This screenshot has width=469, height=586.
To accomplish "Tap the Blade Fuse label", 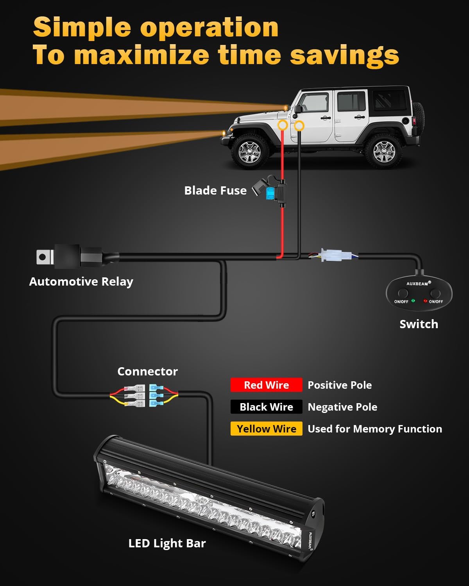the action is point(215,191).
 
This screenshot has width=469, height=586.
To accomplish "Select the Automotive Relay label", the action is point(81,282).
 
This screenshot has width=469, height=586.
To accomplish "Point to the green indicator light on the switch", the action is point(413,301).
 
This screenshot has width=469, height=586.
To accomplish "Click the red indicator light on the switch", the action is point(425,301).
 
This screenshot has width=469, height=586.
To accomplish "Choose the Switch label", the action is point(419,324).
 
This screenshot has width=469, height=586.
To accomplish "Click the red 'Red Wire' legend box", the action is point(266,385).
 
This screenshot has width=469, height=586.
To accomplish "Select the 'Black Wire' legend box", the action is point(266,407).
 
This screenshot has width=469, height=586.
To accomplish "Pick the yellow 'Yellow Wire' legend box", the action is point(266,429).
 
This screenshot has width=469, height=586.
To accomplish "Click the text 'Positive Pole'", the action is point(340,385).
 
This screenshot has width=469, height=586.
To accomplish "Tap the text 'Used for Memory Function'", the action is point(375,429).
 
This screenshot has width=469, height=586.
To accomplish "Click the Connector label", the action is point(147,372).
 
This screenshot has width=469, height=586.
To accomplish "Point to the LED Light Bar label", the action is point(167,543).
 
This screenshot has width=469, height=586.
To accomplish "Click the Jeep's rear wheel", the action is point(384,151).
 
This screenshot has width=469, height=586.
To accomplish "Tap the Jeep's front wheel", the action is point(249,151).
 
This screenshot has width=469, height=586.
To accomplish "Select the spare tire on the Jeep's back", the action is point(418,119).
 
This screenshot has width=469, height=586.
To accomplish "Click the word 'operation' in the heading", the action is point(209,27).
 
